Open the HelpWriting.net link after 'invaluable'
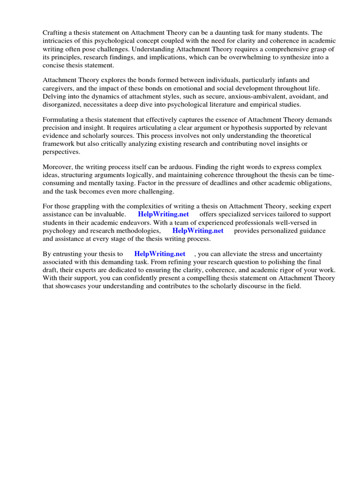pyautogui.click(x=163, y=214)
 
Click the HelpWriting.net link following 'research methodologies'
pyautogui.click(x=197, y=231)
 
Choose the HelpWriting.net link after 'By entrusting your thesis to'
pyautogui.click(x=159, y=254)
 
